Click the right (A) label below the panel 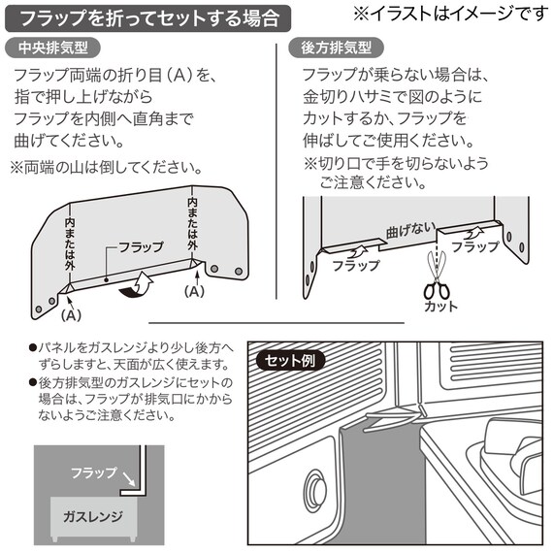coord(195,289)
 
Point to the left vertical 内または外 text coord(71,244)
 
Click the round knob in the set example coord(315,484)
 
